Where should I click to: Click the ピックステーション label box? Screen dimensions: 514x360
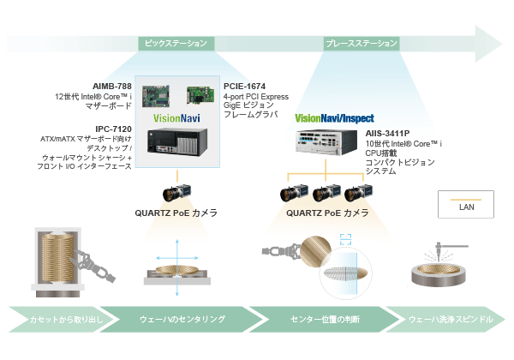[176, 43]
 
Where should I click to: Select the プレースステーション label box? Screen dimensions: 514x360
[362, 43]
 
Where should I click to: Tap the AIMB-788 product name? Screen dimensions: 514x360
[112, 87]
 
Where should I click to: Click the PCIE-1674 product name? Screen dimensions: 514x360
[244, 87]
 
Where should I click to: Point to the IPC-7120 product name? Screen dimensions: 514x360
[113, 129]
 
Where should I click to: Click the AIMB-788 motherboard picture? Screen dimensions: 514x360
[156, 96]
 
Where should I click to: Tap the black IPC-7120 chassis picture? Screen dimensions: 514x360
[177, 141]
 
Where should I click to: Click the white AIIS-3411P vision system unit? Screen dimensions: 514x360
[326, 142]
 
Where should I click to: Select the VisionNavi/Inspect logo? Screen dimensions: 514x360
[334, 118]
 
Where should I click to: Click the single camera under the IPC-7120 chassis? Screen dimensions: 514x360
[176, 193]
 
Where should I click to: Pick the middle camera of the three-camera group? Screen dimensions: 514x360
[326, 193]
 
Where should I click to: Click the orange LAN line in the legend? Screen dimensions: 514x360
[466, 200]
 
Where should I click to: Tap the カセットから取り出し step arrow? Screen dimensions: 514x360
[63, 320]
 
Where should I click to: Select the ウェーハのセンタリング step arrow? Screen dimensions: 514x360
[182, 320]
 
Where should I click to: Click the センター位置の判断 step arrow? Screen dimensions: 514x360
[326, 320]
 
